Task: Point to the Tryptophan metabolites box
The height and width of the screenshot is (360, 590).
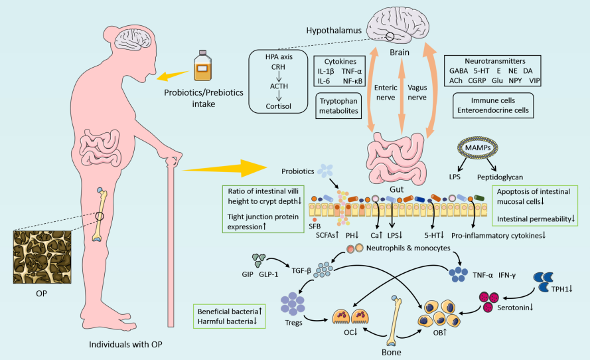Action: [x=338, y=106]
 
